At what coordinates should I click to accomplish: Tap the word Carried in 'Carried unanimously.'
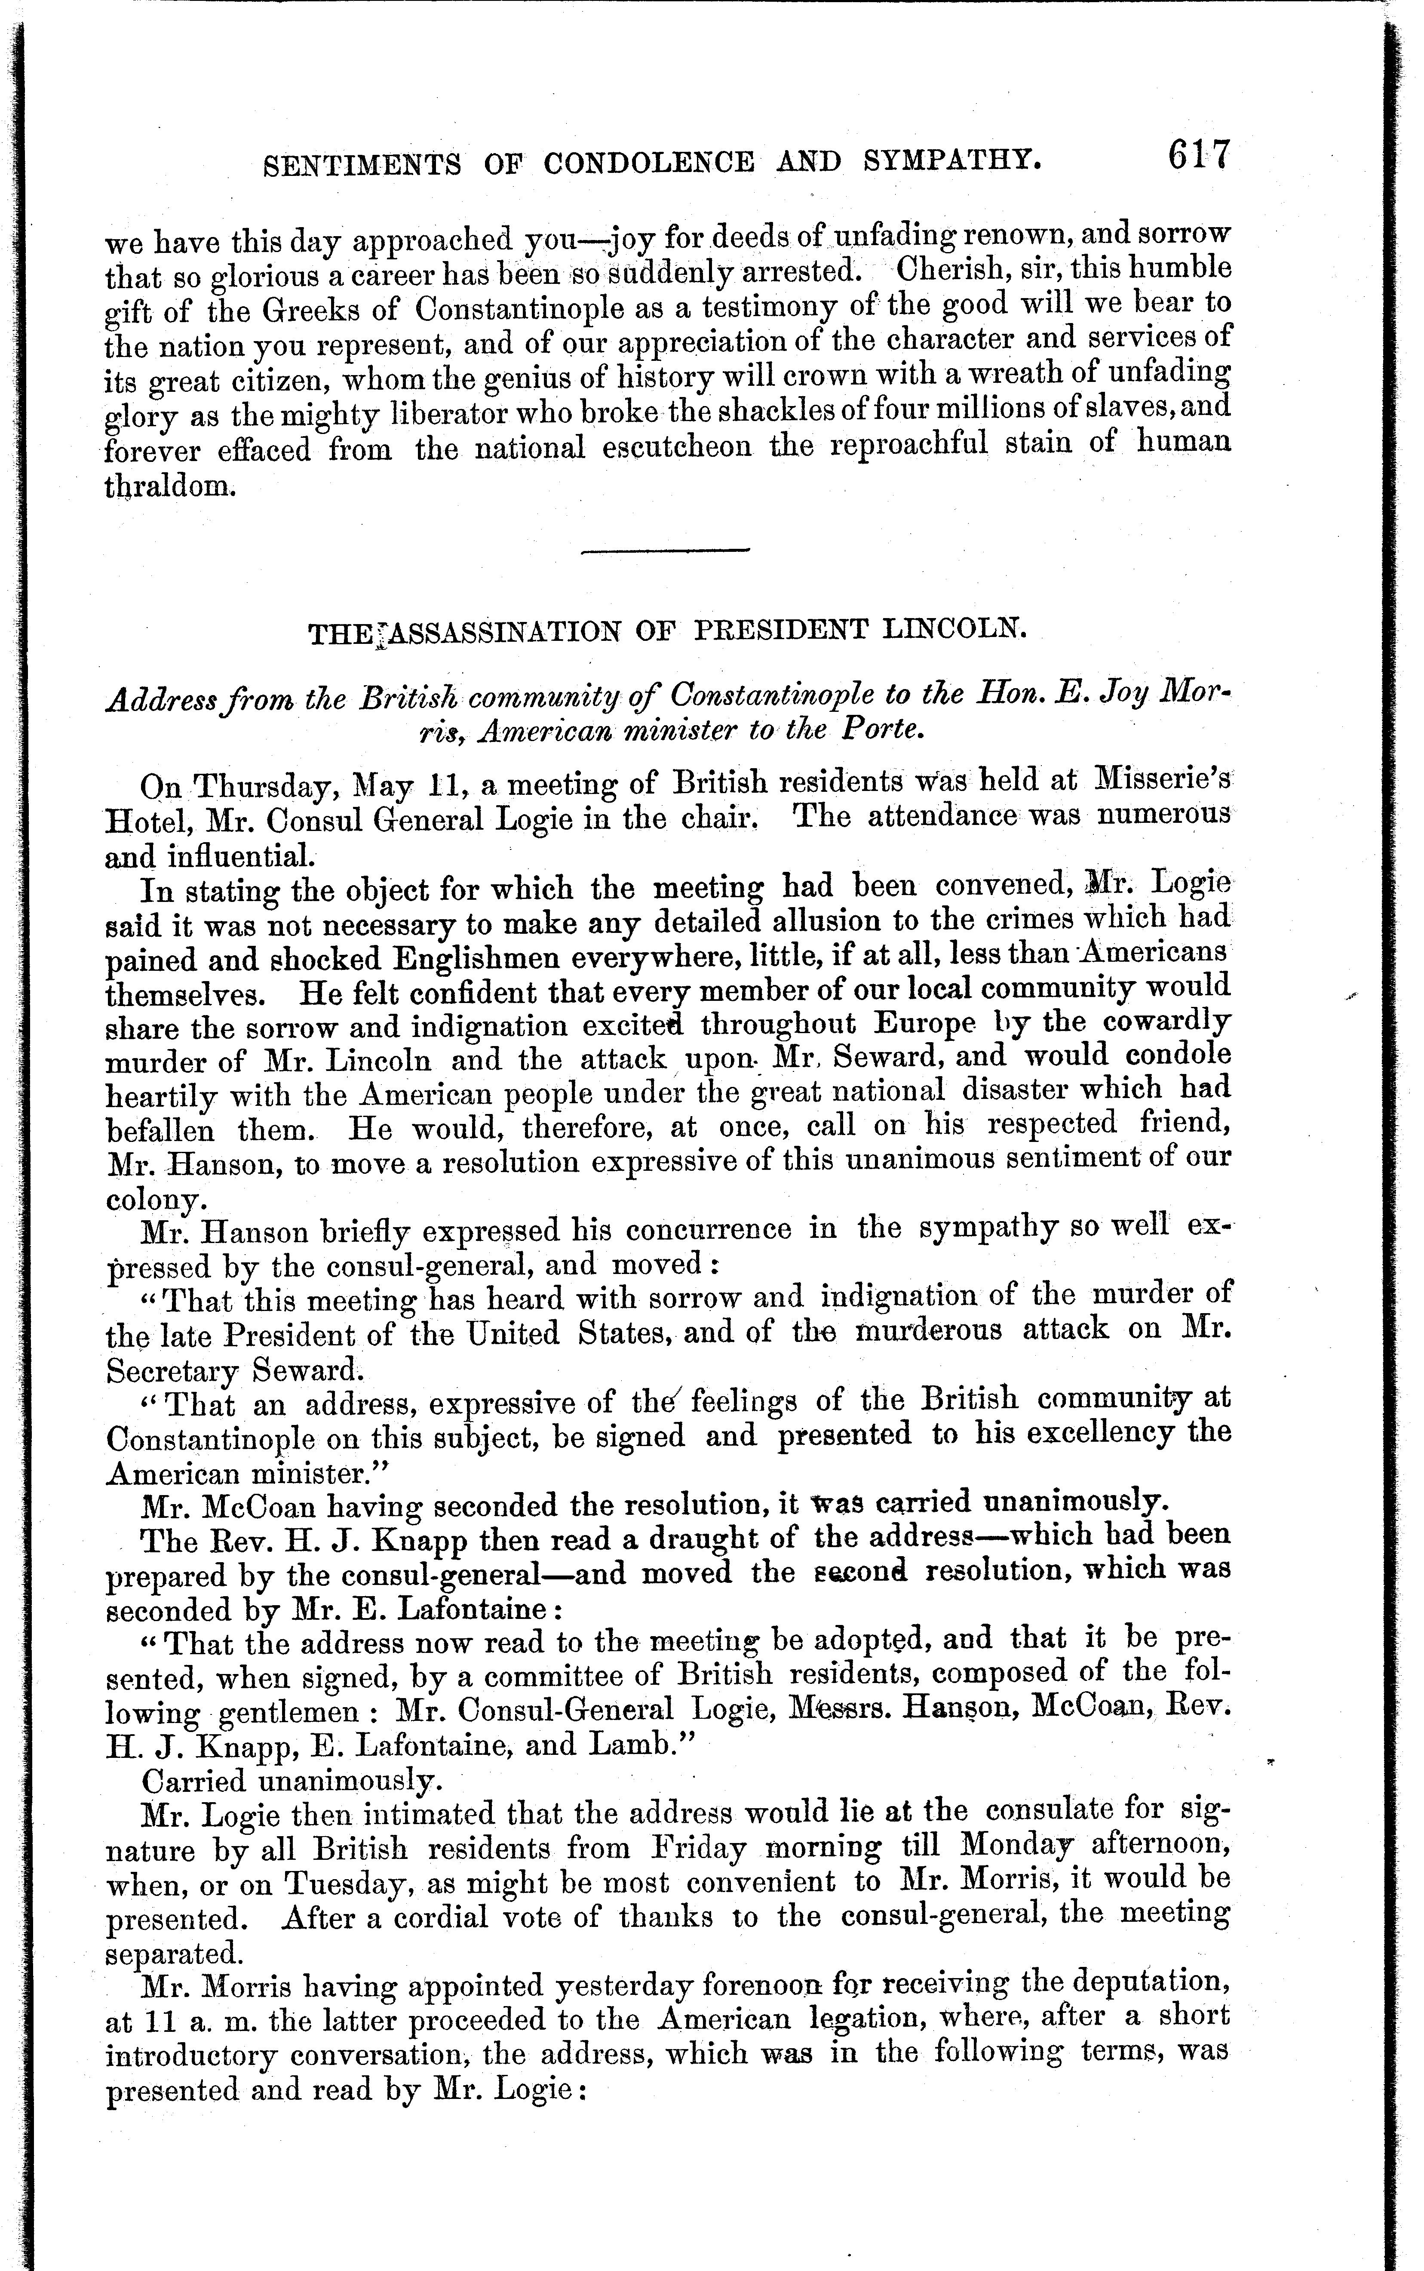[192, 1781]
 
